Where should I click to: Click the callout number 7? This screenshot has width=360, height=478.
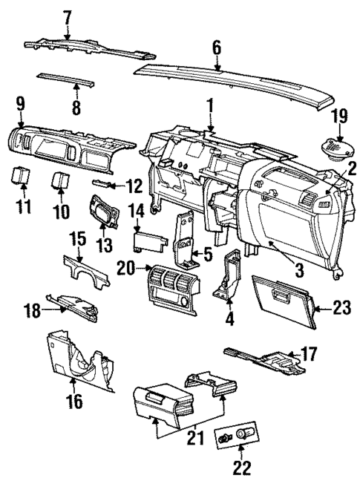tap(68, 16)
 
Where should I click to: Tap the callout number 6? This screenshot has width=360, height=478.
tap(216, 47)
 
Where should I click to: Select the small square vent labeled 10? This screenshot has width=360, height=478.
tap(60, 180)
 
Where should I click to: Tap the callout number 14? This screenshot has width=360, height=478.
tap(135, 213)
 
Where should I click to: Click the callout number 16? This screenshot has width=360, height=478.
tap(74, 402)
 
